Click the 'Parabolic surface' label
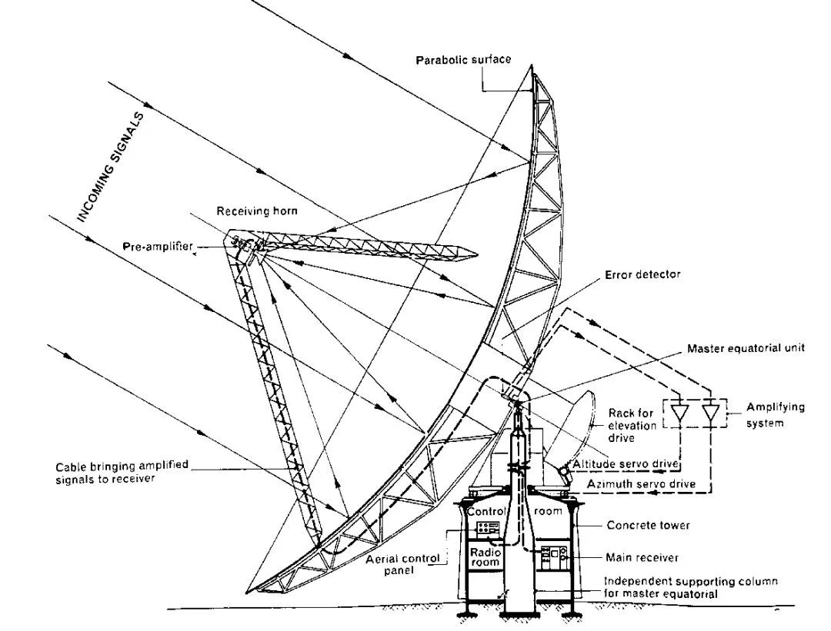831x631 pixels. [463, 59]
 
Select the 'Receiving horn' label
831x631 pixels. [257, 211]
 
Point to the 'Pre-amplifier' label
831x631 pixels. [158, 247]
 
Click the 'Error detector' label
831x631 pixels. [642, 274]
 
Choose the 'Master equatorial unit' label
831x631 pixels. [746, 348]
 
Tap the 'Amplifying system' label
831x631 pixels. [775, 415]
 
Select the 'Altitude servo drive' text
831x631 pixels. [626, 464]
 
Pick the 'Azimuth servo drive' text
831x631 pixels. [641, 484]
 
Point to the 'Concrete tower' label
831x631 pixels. [648, 525]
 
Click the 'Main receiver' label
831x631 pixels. [642, 557]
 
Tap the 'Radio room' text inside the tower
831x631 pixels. [485, 556]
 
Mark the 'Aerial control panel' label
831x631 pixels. [402, 564]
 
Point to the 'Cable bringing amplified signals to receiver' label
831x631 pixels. [122, 472]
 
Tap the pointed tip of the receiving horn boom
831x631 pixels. [477, 254]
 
